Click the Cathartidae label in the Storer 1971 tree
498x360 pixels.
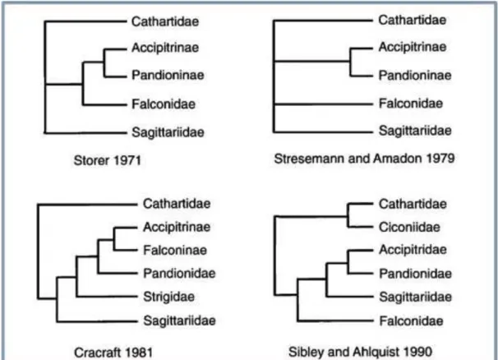pos(165,21)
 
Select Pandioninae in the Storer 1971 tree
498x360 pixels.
pos(168,76)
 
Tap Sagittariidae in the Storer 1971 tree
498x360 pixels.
pos(168,132)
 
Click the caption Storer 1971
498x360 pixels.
pos(108,160)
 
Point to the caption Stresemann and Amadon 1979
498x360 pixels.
pos(364,159)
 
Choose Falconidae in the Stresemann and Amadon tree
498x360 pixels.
pos(411,104)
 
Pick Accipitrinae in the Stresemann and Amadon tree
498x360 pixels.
pos(413,47)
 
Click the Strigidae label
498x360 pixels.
pos(168,297)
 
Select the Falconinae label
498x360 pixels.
pos(175,250)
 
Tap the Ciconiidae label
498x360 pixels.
pos(409,227)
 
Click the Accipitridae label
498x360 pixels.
pos(413,250)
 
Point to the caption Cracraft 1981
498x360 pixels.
pos(113,353)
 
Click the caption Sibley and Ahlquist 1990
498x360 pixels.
pos(360,352)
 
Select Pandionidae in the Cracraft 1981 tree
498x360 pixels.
pos(179,273)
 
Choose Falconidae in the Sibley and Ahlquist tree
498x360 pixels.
pos(411,321)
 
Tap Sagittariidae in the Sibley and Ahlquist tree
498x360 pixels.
pos(416,297)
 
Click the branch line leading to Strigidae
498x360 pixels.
pos(107,297)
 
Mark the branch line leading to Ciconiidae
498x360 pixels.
pos(361,227)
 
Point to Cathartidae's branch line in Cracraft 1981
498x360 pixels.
pos(88,205)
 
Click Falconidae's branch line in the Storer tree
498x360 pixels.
pos(105,104)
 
